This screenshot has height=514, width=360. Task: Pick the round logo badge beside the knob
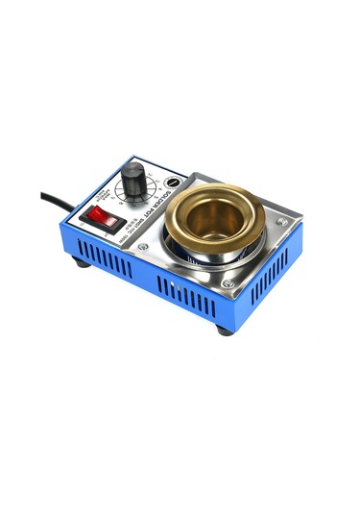(172, 182)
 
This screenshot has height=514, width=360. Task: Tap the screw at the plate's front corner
(227, 284)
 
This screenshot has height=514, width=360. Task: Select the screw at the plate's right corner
(281, 222)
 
